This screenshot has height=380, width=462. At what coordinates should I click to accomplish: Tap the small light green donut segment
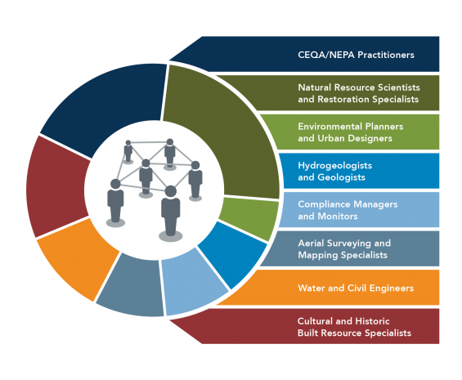click(249, 217)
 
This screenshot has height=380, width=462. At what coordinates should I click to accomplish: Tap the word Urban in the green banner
click(330, 138)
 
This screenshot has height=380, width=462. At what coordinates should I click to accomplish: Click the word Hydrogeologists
click(335, 166)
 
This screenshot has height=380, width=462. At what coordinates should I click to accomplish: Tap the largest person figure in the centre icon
click(171, 213)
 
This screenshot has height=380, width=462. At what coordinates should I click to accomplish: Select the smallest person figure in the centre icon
click(128, 152)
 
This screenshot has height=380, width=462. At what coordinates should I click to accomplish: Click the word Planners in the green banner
click(384, 127)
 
